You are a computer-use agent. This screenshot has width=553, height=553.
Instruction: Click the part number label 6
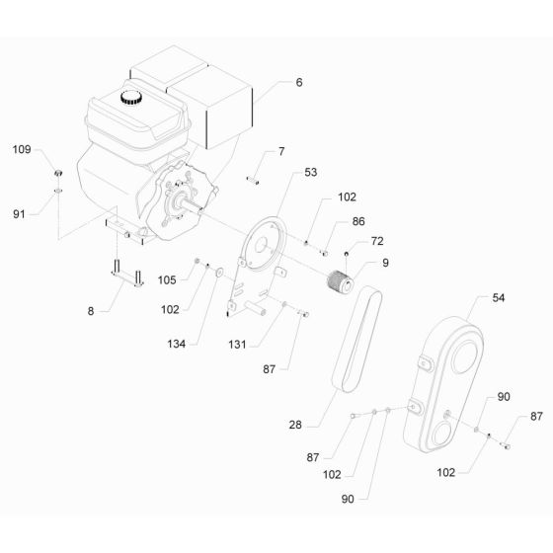298,83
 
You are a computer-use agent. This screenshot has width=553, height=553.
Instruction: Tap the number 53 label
310,173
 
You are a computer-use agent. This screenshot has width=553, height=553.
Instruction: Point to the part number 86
357,223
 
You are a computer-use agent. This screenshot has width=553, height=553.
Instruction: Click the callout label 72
376,241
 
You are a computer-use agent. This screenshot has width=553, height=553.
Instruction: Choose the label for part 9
384,264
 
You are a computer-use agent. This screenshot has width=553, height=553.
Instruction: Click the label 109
22,149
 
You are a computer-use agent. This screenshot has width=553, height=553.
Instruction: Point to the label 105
166,279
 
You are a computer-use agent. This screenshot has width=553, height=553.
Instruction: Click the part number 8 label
91,311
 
